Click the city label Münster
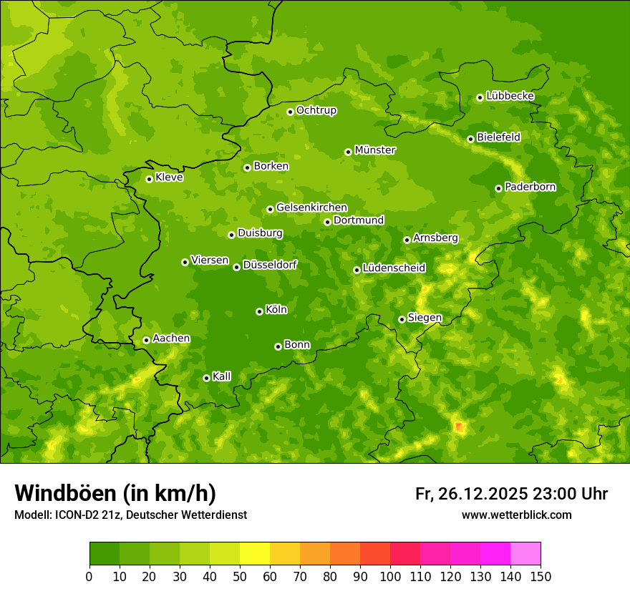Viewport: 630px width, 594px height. click(374, 150)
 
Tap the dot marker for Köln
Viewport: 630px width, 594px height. click(259, 311)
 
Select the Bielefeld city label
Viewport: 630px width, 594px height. click(498, 137)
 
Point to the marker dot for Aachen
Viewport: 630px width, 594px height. click(146, 340)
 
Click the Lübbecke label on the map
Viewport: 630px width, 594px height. click(510, 96)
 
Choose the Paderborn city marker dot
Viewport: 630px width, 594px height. click(498, 188)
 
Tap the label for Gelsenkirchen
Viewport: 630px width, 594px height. click(311, 208)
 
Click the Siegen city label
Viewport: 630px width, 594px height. click(425, 318)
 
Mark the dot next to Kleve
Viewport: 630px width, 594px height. click(149, 179)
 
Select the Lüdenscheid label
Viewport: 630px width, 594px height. click(394, 268)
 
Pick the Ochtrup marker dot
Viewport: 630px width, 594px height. click(290, 112)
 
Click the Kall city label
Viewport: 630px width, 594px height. click(222, 376)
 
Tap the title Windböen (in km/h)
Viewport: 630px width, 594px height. click(115, 493)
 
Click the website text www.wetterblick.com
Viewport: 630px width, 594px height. click(516, 515)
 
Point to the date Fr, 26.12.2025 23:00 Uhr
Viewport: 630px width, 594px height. click(511, 494)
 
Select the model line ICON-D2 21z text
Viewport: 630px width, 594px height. click(130, 515)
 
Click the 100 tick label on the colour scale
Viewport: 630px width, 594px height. click(390, 576)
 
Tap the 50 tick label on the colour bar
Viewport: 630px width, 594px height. click(240, 576)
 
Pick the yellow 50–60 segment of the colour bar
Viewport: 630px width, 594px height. click(255, 554)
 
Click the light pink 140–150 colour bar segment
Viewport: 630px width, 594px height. click(525, 554)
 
